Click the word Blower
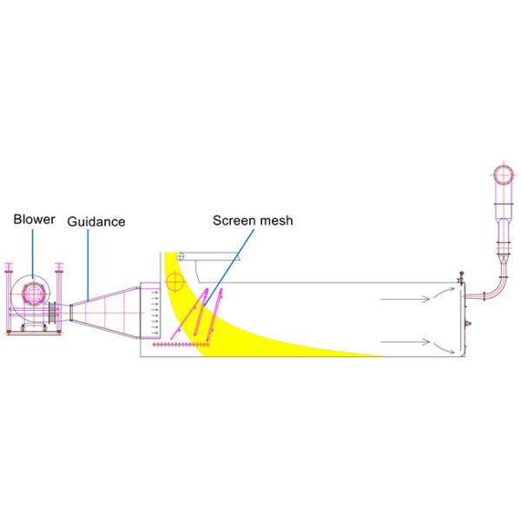[34, 220]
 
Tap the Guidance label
[96, 221]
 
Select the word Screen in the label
[232, 221]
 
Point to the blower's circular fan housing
[33, 296]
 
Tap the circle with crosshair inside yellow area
[175, 281]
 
